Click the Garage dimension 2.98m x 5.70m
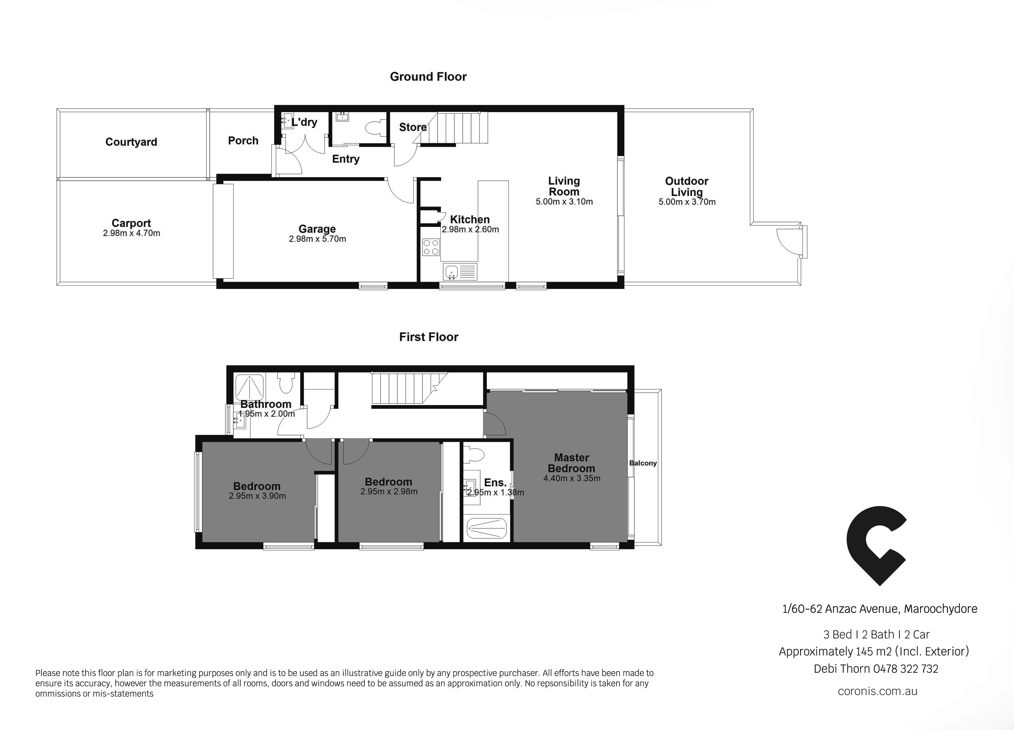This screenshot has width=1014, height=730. [x=318, y=239]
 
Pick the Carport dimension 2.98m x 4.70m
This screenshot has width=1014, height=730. [x=132, y=233]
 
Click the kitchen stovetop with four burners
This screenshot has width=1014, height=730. [x=431, y=247]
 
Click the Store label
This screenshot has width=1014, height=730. [x=413, y=127]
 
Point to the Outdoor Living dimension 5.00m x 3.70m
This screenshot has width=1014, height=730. [x=687, y=202]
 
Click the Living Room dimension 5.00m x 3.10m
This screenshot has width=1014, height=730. [x=564, y=202]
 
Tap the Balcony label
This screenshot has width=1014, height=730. [x=643, y=463]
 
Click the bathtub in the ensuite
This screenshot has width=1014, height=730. [x=486, y=528]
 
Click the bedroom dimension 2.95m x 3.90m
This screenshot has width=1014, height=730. [x=257, y=496]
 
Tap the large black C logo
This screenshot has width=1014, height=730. [x=876, y=546]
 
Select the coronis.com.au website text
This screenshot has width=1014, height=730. [x=878, y=691]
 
